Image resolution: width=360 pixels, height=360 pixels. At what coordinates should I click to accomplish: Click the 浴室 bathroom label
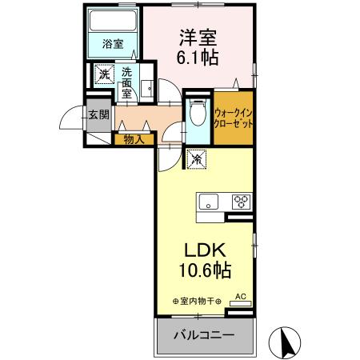[x=113, y=45]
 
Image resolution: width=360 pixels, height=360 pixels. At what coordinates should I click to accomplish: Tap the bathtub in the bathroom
[x=113, y=22]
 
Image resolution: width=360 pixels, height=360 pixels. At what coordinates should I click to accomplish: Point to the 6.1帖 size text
[x=197, y=58]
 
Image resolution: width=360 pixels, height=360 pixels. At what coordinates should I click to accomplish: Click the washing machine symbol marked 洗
[x=104, y=75]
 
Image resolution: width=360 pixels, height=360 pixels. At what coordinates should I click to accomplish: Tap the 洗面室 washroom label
[x=126, y=82]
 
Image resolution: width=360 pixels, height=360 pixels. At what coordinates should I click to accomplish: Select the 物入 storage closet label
[x=134, y=139]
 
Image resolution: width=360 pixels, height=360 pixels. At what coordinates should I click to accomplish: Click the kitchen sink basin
[x=208, y=202]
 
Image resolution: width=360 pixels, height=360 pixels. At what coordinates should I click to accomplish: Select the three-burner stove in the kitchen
[x=241, y=202]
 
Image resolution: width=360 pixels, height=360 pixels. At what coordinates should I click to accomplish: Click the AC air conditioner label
[x=238, y=297]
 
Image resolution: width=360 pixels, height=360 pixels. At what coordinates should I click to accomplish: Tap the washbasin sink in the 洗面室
[x=147, y=88]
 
